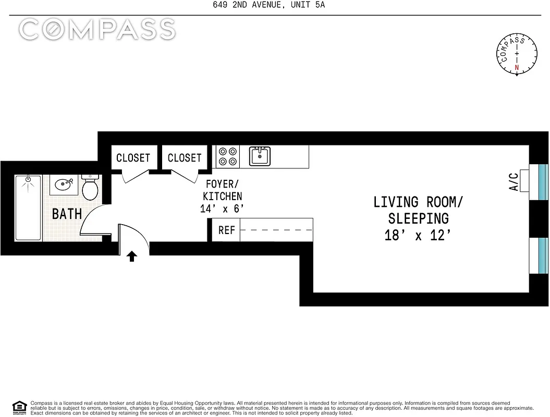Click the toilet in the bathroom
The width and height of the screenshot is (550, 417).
click(x=91, y=187)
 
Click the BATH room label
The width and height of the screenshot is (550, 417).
click(x=67, y=214)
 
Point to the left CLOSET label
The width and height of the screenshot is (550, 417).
click(x=133, y=157)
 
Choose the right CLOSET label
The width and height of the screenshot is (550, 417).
click(x=185, y=157)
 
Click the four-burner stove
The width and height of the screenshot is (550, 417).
click(x=227, y=156)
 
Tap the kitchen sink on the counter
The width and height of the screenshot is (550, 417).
click(x=260, y=155)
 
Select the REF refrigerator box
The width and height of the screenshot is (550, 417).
click(x=226, y=230)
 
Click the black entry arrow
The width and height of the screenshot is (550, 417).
click(x=132, y=255)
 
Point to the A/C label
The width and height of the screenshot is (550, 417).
click(x=514, y=182)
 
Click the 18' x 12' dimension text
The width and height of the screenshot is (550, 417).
click(x=417, y=235)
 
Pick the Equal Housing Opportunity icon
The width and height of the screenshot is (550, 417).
click(x=19, y=407)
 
